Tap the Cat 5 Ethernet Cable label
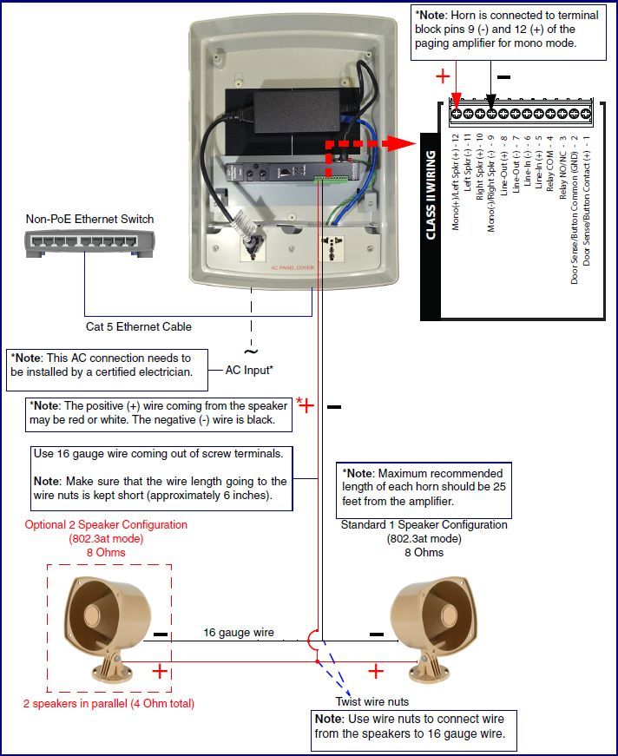pyautogui.click(x=139, y=327)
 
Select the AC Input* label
pyautogui.click(x=250, y=370)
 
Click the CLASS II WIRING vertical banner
pyautogui.click(x=431, y=194)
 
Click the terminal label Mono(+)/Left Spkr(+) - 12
pyautogui.click(x=455, y=185)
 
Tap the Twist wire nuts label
pyautogui.click(x=372, y=701)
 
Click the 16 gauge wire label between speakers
pyautogui.click(x=239, y=633)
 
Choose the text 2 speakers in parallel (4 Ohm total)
pyautogui.click(x=108, y=703)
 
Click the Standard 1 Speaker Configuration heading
pyautogui.click(x=424, y=525)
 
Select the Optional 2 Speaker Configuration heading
pyautogui.click(x=106, y=525)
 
